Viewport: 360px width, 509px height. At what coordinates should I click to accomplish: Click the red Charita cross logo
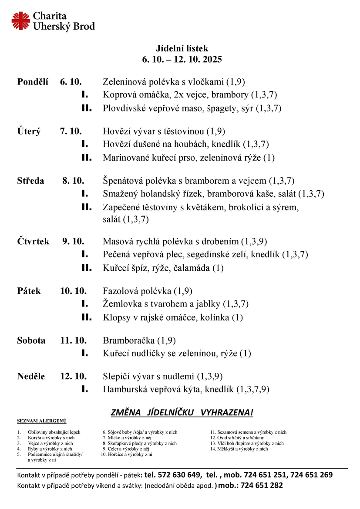coord(21,21)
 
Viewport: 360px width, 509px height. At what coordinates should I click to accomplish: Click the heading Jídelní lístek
coord(182,49)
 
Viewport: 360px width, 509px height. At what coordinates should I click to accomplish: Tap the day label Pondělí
coord(33,82)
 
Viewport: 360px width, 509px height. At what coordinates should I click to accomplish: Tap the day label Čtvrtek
coord(34,241)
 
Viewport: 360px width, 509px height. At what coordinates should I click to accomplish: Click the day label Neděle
coord(31,377)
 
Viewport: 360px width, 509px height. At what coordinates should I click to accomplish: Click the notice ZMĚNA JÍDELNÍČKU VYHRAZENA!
coord(182,412)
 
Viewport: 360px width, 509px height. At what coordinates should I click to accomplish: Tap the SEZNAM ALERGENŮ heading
coord(41,421)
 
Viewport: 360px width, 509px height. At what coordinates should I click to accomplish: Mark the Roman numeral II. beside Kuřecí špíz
coord(87,268)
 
